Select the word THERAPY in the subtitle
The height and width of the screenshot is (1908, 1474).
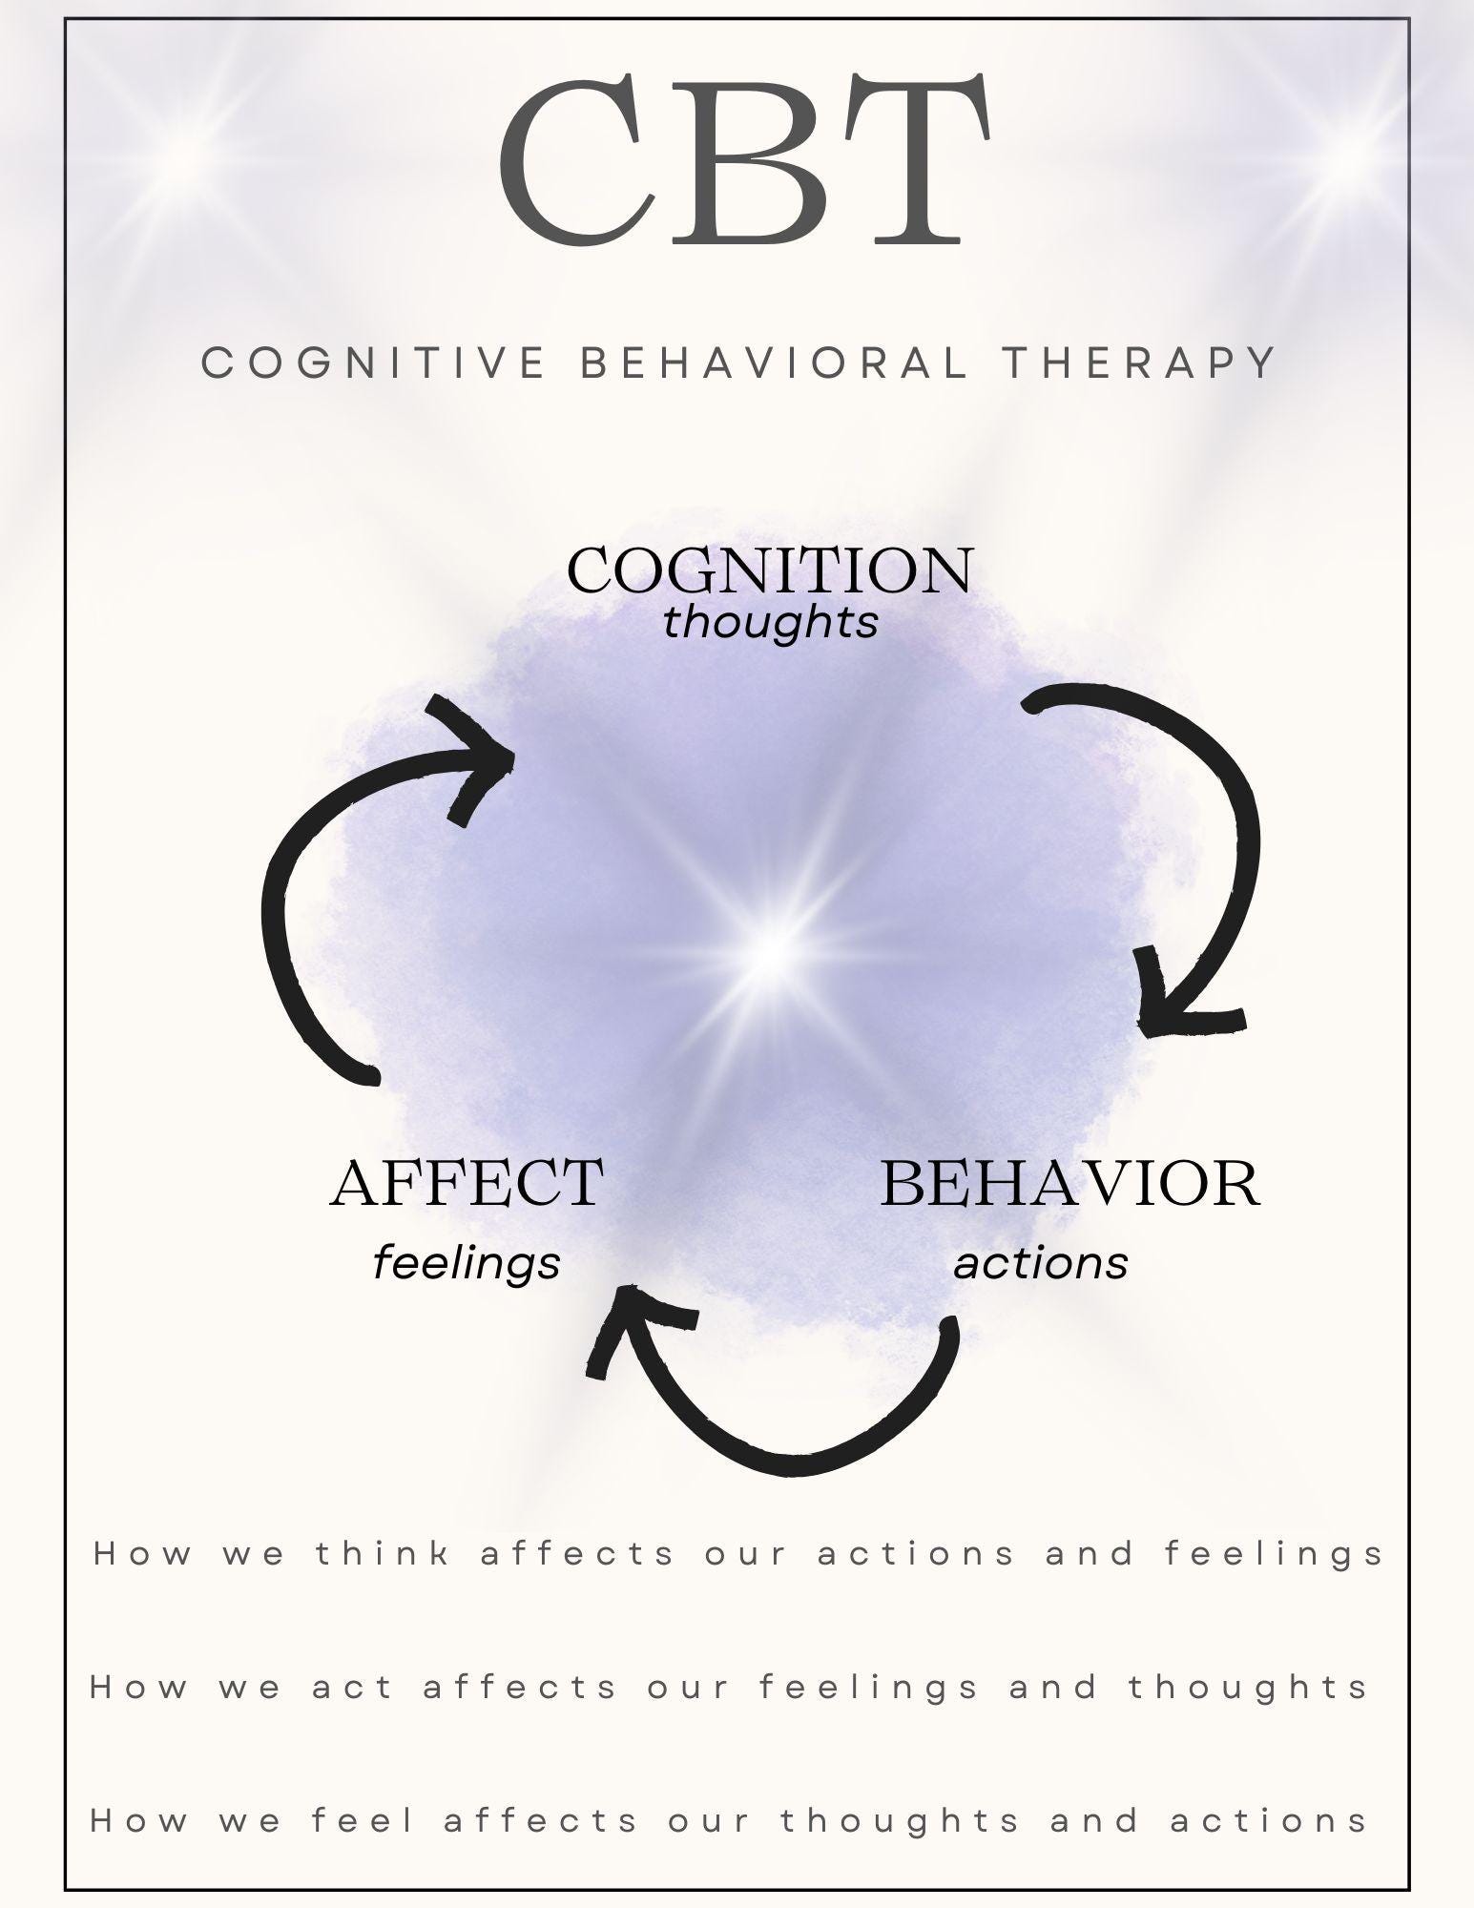click(x=1139, y=363)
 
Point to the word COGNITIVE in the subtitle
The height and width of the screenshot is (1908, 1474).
click(x=373, y=363)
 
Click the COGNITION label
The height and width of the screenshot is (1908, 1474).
click(x=770, y=570)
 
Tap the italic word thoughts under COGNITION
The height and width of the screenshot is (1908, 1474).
click(x=770, y=623)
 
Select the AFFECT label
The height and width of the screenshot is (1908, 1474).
click(x=467, y=1182)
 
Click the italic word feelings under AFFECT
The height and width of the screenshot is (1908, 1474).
click(x=467, y=1263)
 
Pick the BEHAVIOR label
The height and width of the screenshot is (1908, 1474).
click(x=1069, y=1182)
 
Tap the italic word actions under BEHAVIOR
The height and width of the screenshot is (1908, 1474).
click(x=1041, y=1263)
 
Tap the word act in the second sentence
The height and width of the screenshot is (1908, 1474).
click(x=353, y=1688)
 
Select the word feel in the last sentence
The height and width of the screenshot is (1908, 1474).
click(x=363, y=1821)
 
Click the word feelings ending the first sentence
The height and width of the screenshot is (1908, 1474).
click(x=1274, y=1554)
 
